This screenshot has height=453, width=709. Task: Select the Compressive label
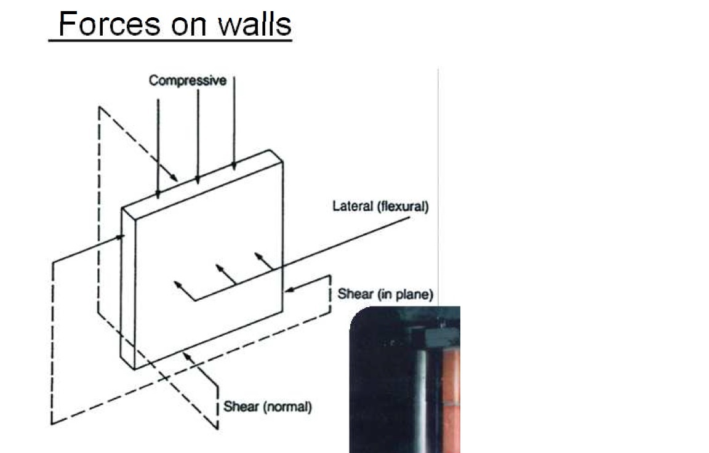pos(187,81)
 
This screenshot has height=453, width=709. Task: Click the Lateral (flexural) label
pos(380,206)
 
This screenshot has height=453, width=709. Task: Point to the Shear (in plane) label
pos(385,294)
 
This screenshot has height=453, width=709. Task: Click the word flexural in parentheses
pos(401,206)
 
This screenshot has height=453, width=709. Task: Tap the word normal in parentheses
pos(287,407)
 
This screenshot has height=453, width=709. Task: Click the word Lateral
pos(348,206)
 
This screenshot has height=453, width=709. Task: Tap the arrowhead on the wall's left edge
pos(122,236)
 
